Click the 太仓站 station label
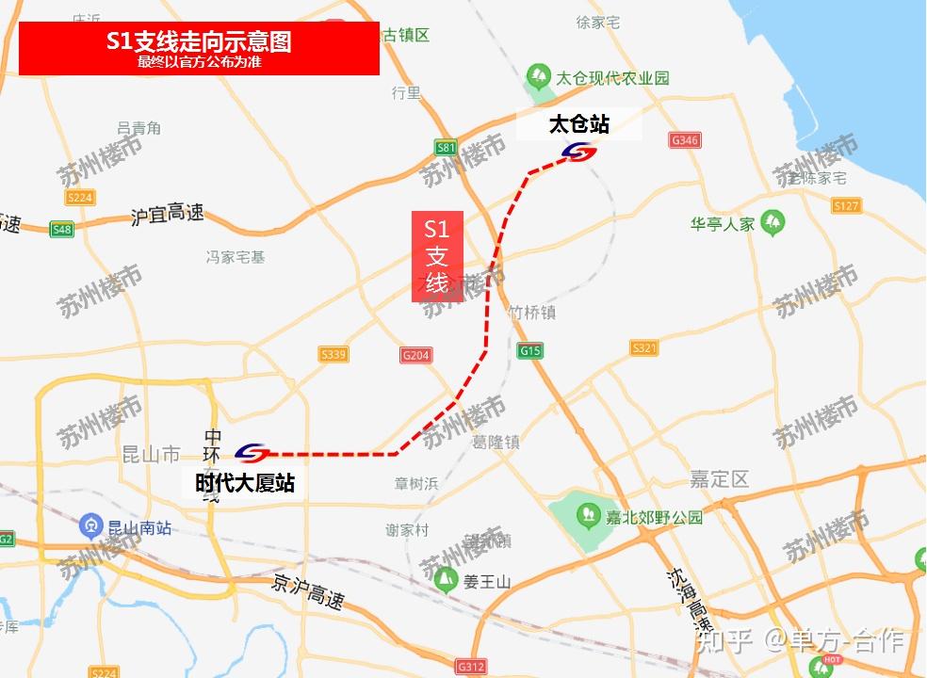[578, 124]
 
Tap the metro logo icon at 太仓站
[578, 152]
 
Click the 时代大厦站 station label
[245, 483]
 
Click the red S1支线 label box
[437, 256]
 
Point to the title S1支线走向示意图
[199, 42]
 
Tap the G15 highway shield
[530, 350]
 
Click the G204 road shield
[415, 355]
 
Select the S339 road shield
[333, 355]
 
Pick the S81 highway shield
[446, 147]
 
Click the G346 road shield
[684, 140]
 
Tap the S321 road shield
[644, 348]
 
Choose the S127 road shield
[846, 205]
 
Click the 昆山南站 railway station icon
[91, 524]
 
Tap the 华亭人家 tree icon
[774, 222]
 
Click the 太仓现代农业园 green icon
[539, 74]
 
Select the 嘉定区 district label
[719, 479]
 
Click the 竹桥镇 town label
[531, 313]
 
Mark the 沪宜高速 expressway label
[167, 215]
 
